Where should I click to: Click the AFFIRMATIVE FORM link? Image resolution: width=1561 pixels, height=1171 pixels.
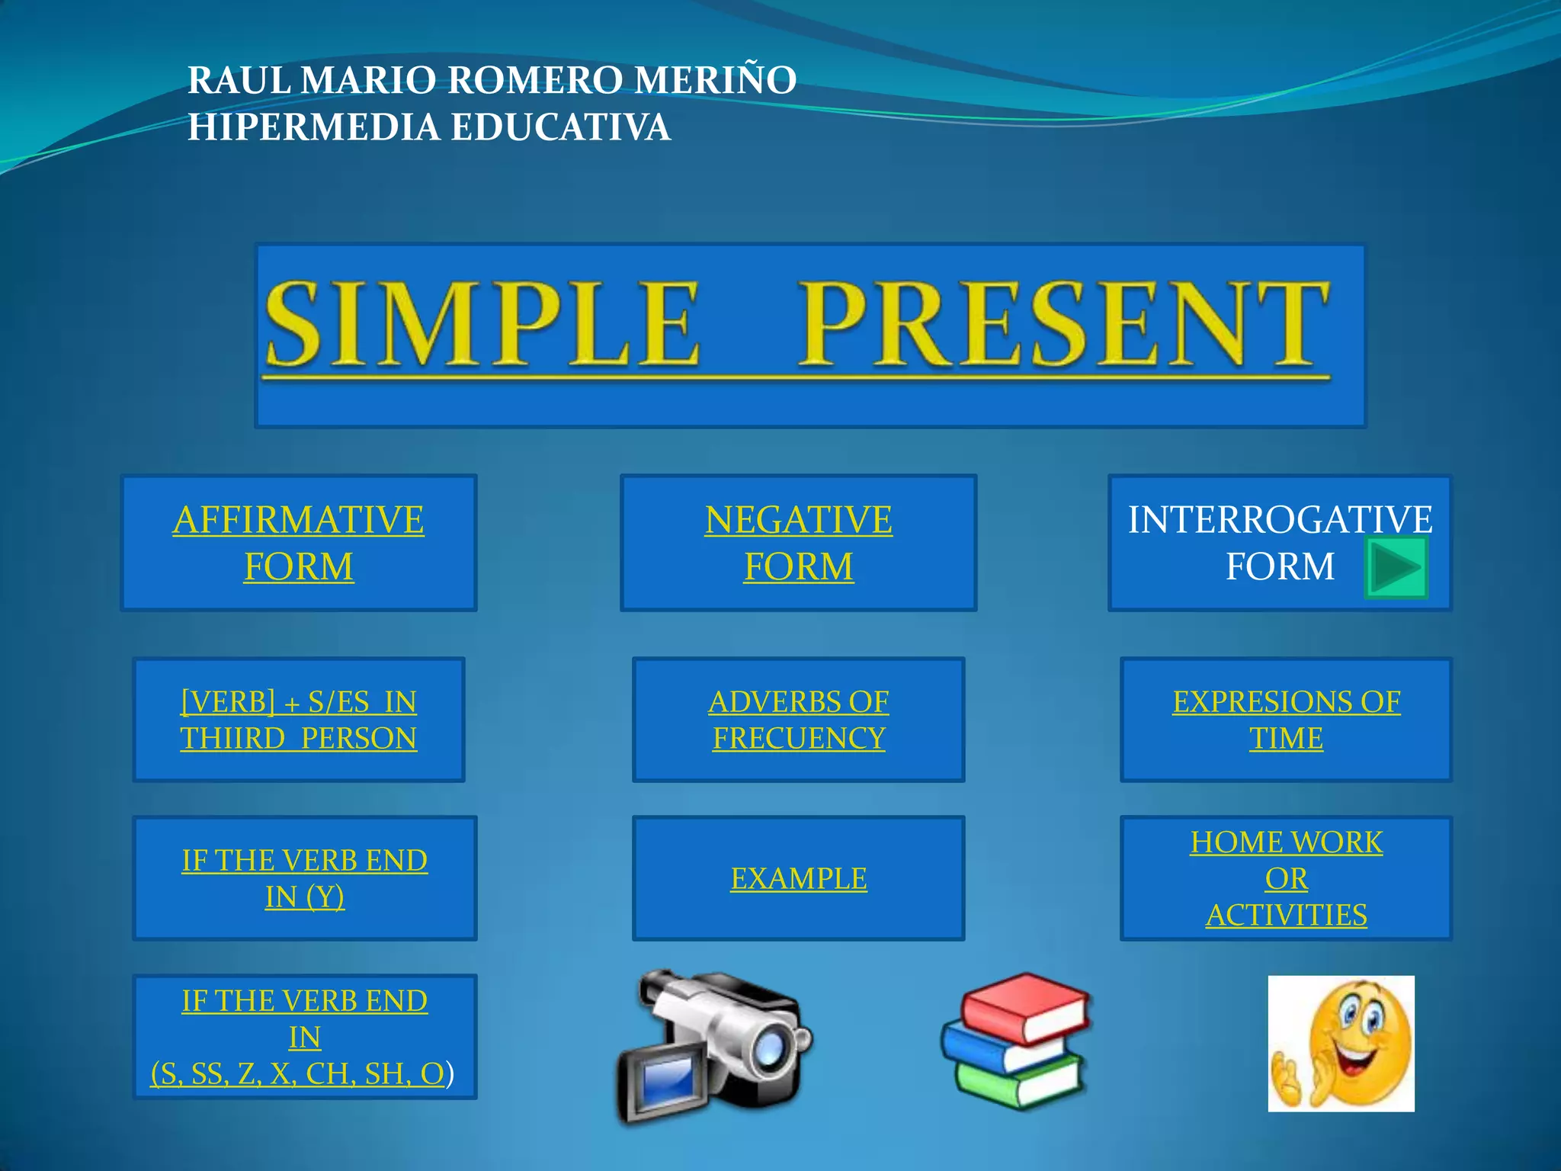(x=298, y=542)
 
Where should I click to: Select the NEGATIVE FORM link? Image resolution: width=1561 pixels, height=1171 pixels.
(x=798, y=542)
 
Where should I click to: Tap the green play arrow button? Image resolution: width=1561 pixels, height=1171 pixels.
(x=1396, y=567)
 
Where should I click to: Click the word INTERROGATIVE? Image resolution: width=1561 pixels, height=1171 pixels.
(x=1280, y=520)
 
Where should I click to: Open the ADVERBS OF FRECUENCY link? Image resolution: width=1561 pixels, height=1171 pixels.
(x=798, y=719)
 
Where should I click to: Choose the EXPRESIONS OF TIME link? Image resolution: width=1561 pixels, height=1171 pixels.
(x=1286, y=719)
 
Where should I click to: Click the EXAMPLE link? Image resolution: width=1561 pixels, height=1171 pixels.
(x=798, y=878)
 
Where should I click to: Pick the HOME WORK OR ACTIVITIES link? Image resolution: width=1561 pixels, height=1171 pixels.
(x=1286, y=878)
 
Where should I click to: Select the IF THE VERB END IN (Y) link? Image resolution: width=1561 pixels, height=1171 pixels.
(x=304, y=878)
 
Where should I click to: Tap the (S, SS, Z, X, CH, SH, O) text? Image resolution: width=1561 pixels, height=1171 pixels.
(x=298, y=1073)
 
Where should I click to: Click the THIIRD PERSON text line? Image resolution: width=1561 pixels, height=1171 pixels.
(x=298, y=738)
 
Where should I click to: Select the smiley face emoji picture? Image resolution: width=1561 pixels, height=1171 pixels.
(x=1341, y=1043)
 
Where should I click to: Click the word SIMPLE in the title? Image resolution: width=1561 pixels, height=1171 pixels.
(x=482, y=324)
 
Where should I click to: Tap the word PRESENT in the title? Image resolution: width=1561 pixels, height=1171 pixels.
(x=1063, y=324)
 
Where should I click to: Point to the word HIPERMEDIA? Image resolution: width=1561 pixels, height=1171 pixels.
(x=313, y=127)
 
